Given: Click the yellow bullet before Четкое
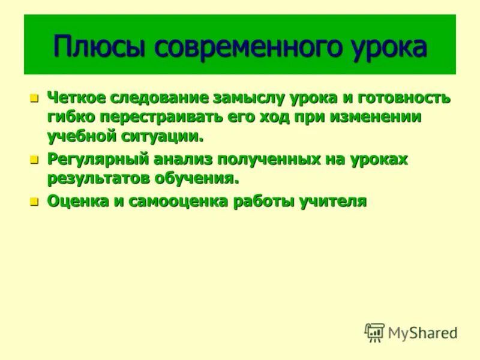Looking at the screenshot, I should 34,98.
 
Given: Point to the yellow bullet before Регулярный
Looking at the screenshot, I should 34,160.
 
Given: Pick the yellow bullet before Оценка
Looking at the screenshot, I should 34,202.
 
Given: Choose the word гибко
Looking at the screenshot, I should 68,116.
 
